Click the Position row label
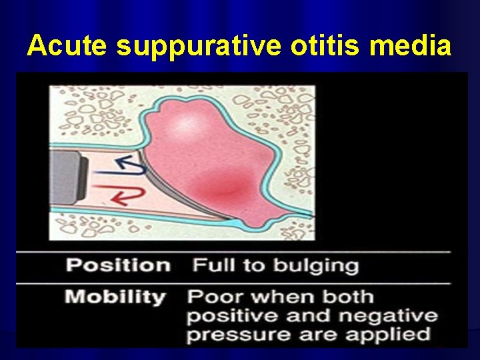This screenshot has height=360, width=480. pos(118,265)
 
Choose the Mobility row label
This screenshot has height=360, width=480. pos(115,297)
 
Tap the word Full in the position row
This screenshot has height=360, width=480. pos(210,265)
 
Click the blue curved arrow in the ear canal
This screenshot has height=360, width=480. pos(131,164)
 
